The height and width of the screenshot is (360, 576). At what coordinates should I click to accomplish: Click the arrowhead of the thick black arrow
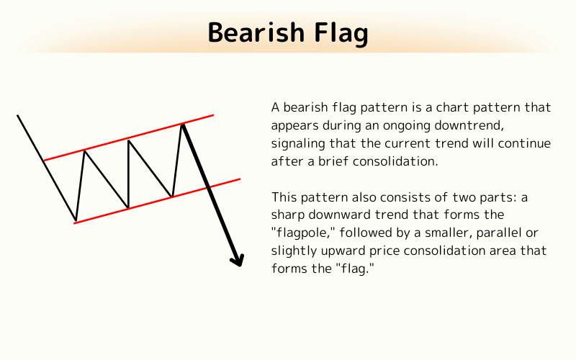[238, 259]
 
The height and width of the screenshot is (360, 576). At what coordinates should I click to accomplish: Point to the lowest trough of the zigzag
[76, 220]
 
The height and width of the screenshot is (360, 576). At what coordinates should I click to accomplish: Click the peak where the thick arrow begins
[183, 125]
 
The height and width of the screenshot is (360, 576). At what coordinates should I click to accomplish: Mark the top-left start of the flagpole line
[17, 115]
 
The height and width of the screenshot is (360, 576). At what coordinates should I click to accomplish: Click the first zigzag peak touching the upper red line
[85, 150]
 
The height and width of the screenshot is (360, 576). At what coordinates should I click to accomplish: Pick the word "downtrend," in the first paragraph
[513, 125]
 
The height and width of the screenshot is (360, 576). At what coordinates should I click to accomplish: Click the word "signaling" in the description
[297, 143]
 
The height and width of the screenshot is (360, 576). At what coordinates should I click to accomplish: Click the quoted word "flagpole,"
[302, 233]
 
